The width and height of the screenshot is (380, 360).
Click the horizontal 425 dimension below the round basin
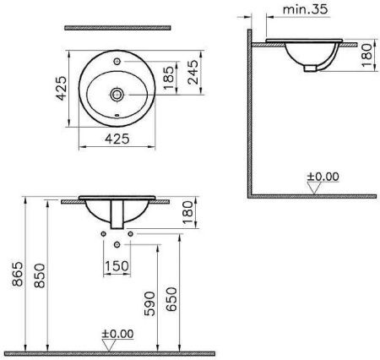pyautogui.click(x=118, y=140)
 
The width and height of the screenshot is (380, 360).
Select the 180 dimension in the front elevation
pyautogui.click(x=187, y=221)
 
